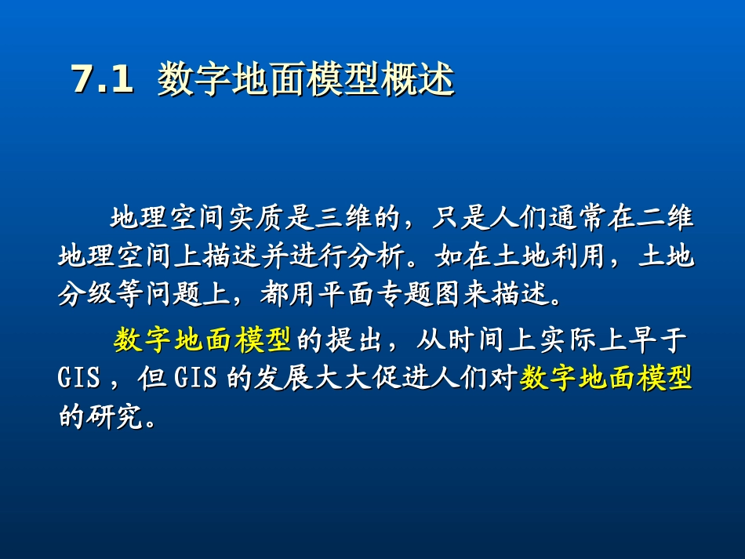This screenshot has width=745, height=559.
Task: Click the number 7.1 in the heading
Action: click(102, 81)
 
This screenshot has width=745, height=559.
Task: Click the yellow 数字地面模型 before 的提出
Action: click(203, 340)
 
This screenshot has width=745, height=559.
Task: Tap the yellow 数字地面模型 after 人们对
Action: click(606, 379)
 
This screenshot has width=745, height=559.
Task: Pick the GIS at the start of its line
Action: click(79, 380)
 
